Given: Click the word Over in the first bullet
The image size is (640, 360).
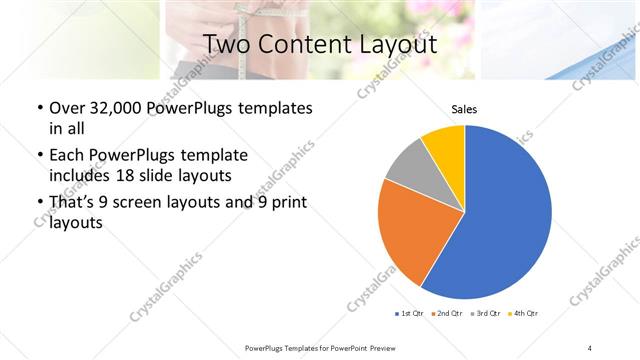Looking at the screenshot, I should [x=67, y=108].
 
